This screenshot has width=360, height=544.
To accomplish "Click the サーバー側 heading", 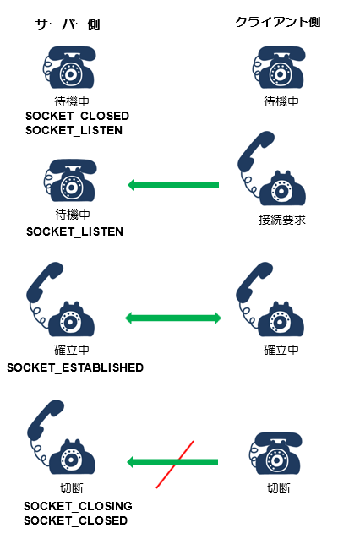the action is (68, 24).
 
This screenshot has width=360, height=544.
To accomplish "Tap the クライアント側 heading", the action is (278, 22).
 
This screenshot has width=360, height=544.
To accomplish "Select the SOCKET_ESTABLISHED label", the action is (75, 367).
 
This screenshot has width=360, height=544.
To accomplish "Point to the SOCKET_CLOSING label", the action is (78, 506).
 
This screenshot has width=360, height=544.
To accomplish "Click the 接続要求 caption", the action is (282, 220).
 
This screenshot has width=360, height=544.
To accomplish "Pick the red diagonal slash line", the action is (175, 465).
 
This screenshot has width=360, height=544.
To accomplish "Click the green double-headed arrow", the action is (173, 318).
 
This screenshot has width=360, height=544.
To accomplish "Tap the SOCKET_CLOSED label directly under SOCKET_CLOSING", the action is (76, 520).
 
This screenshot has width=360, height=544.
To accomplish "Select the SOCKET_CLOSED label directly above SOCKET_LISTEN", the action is (77, 116).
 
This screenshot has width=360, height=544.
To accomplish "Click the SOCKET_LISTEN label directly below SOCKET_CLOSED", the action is (74, 130).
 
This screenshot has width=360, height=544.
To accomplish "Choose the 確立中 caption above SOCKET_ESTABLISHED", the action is (72, 350).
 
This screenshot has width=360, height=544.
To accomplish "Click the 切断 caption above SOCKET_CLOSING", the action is (72, 488).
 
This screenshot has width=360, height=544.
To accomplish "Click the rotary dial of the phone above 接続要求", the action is (280, 191).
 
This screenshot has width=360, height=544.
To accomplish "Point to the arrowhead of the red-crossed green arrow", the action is (131, 462).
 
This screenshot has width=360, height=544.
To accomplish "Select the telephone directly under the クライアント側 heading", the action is (279, 67).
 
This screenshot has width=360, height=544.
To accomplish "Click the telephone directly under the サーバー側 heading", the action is (69, 67).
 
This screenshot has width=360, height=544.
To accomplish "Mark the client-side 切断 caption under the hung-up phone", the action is (279, 488).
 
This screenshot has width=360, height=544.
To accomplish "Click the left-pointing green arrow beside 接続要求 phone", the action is (173, 185).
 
